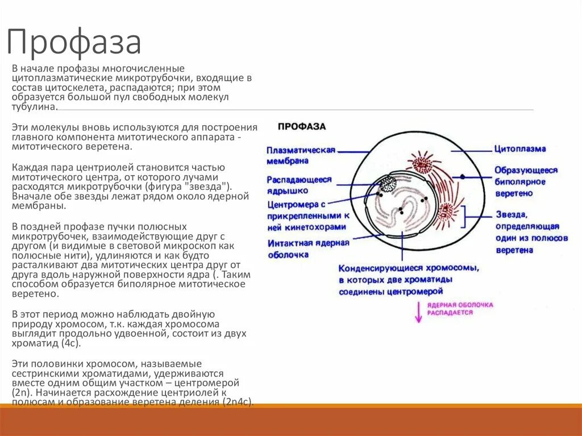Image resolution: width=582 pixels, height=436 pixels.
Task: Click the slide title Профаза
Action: coord(74,43)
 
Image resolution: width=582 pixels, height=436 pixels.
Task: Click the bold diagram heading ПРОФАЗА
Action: coord(301,126)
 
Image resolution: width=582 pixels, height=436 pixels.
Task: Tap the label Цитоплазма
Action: coord(519,149)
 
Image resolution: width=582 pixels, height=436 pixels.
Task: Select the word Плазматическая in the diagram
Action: coord(301,150)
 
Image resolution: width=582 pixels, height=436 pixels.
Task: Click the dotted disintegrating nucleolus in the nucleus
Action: coord(388,184)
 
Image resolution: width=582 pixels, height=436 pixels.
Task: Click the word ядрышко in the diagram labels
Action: coord(288,190)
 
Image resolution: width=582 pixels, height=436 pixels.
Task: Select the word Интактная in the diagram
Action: coord(288,243)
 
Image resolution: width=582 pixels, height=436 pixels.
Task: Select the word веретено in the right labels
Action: coord(513,193)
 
